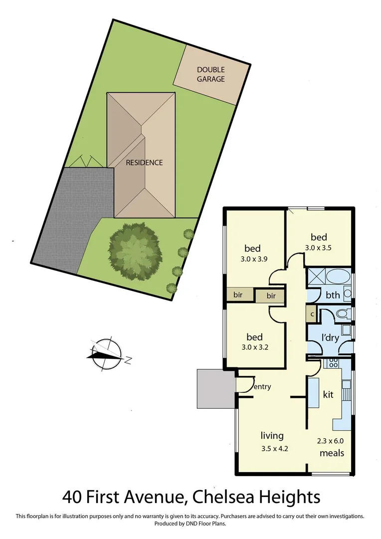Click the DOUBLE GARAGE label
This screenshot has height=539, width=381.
(x=210, y=74)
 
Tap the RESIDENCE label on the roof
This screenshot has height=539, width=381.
(x=144, y=162)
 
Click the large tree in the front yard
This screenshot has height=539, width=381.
(x=135, y=246)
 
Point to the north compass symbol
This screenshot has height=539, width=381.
(x=106, y=353)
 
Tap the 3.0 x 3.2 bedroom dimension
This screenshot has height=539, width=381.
(x=255, y=348)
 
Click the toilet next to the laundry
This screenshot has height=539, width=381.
(x=342, y=314)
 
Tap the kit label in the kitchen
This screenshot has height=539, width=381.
(x=328, y=395)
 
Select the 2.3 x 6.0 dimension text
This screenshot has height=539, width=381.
(x=331, y=441)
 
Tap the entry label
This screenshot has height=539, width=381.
(x=262, y=386)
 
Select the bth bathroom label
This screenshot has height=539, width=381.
(x=333, y=295)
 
